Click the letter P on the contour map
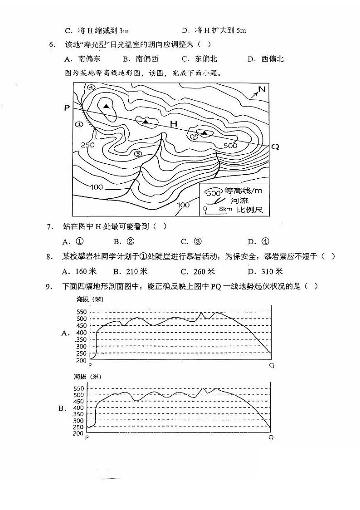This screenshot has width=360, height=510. [x=67, y=108]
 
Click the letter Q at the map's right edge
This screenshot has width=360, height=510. [x=275, y=147]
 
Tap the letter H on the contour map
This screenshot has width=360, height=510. [x=174, y=124]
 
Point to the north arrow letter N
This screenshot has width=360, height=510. [x=262, y=89]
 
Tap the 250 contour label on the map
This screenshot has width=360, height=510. [x=87, y=145]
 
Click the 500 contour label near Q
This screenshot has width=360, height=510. [x=230, y=145]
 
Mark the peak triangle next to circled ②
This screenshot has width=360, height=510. [x=205, y=133]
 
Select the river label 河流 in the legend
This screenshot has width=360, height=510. [x=239, y=200]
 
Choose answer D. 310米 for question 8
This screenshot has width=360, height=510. [x=265, y=271]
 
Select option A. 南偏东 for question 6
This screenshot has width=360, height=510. [x=83, y=59]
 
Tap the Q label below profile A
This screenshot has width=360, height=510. [x=272, y=365]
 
